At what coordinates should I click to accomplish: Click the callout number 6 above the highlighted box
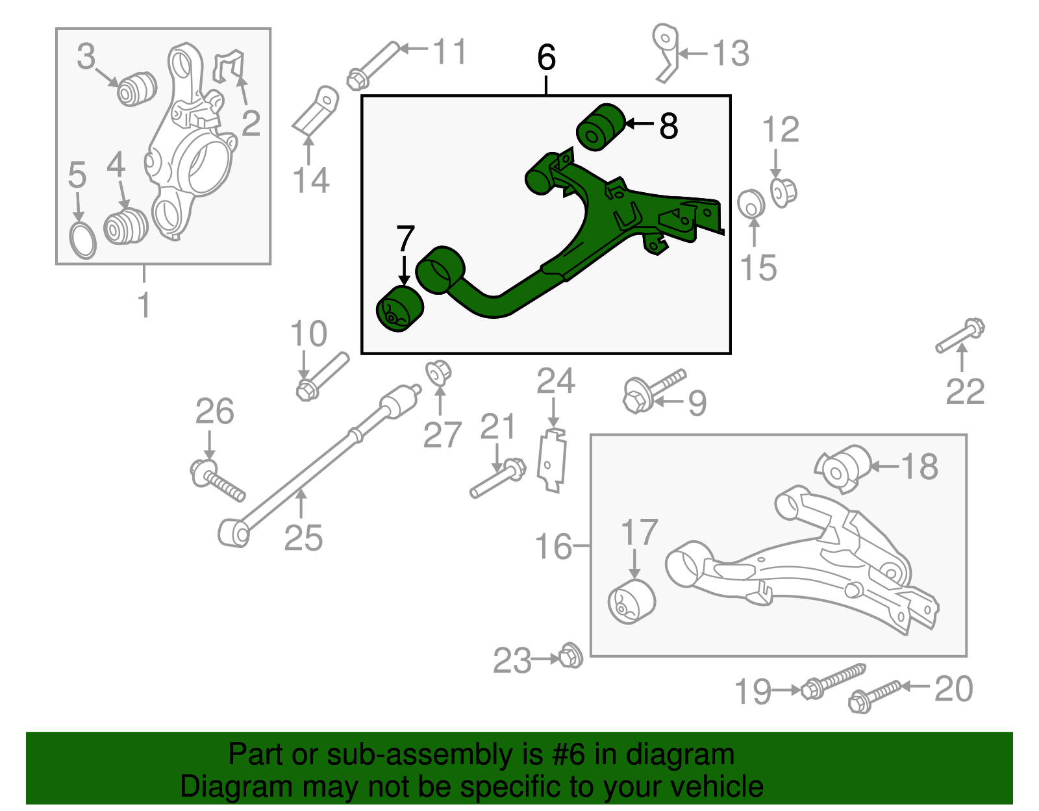(546, 58)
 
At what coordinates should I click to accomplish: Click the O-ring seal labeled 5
(82, 240)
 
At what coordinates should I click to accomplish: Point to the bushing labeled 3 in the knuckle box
(136, 88)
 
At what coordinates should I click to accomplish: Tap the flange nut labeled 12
(782, 192)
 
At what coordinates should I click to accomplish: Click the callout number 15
(758, 267)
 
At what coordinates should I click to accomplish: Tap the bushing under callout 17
(631, 602)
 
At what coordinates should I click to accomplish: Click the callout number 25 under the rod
(303, 538)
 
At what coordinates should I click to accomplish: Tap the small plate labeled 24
(552, 460)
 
